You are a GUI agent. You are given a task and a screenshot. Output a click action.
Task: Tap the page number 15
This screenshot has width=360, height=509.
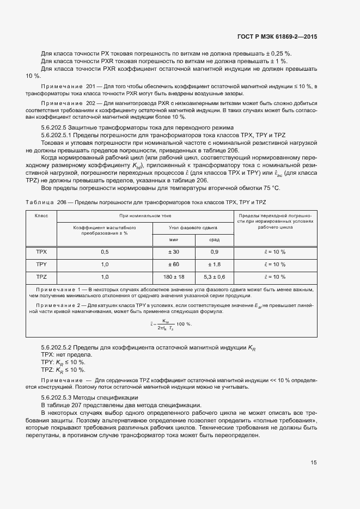314,463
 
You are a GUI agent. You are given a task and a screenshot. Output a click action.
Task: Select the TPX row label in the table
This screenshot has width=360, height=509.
41,252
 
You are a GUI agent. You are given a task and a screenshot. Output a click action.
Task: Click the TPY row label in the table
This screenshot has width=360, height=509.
41,264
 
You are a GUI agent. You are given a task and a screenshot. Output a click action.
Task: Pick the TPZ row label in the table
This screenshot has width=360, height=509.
41,277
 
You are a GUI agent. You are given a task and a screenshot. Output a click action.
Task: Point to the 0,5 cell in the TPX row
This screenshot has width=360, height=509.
105,252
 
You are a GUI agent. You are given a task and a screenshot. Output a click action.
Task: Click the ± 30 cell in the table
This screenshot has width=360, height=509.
174,252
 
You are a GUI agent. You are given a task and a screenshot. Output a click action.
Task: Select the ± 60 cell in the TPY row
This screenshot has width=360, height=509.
174,264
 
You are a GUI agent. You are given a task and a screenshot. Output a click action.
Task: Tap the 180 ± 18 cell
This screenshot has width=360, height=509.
174,277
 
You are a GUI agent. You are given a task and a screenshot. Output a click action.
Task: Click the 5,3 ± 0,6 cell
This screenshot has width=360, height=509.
214,277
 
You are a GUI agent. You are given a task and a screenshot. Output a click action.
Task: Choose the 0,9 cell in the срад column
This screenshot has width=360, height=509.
214,252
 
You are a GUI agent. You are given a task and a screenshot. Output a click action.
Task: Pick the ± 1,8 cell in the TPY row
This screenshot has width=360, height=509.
214,264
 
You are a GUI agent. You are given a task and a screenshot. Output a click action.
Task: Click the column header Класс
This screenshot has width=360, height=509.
41,216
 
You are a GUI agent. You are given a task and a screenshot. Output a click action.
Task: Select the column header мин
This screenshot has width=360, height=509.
174,239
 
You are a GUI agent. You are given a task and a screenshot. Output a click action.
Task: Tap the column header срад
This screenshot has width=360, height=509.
214,239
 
